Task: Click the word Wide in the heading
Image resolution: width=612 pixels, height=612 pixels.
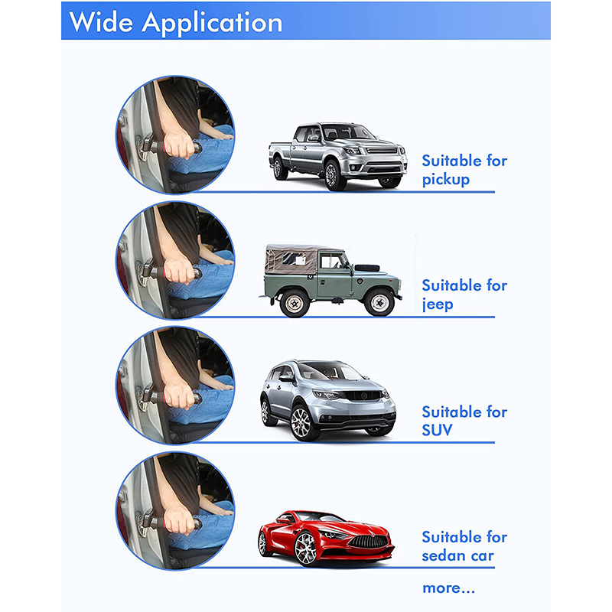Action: click(x=101, y=22)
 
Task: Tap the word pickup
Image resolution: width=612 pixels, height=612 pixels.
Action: click(x=446, y=180)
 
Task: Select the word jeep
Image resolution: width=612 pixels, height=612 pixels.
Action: click(x=438, y=304)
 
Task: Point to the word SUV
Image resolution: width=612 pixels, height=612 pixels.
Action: click(x=437, y=430)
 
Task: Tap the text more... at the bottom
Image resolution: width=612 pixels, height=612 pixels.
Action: click(x=448, y=588)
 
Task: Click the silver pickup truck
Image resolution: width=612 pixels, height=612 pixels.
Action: click(x=337, y=156)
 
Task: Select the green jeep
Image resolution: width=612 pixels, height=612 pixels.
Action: click(x=330, y=280)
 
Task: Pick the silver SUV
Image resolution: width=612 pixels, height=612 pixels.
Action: click(x=328, y=400)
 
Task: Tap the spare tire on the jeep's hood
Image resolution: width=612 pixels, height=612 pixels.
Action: click(x=367, y=268)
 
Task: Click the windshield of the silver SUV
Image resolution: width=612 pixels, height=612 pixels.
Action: click(x=333, y=371)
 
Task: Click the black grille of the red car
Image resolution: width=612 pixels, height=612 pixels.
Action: click(x=369, y=542)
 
